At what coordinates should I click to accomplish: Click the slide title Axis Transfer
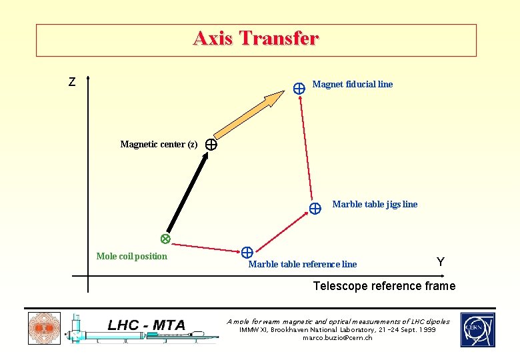tap(256, 39)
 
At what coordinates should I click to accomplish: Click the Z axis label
tap(72, 83)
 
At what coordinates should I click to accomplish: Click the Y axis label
tap(441, 262)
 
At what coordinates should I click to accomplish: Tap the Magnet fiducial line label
tap(352, 84)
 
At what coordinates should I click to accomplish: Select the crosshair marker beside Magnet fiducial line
tap(299, 87)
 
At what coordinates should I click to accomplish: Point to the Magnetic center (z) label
tap(159, 144)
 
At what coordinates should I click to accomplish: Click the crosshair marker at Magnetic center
tap(211, 144)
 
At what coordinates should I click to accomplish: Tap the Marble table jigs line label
tap(375, 204)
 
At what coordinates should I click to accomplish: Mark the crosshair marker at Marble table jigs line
tap(315, 207)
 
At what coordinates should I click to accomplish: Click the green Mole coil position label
tap(132, 256)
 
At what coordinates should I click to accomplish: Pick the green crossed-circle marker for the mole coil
tap(165, 239)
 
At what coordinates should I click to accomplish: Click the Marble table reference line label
tap(302, 264)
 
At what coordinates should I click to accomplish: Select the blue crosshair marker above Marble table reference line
tap(247, 252)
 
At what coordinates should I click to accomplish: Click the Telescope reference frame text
tap(384, 286)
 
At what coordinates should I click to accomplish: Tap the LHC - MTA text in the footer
tap(146, 325)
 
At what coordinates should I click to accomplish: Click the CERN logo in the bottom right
tap(477, 330)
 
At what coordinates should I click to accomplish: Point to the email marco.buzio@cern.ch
tap(337, 338)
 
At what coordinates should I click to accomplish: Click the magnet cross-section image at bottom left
tap(44, 329)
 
